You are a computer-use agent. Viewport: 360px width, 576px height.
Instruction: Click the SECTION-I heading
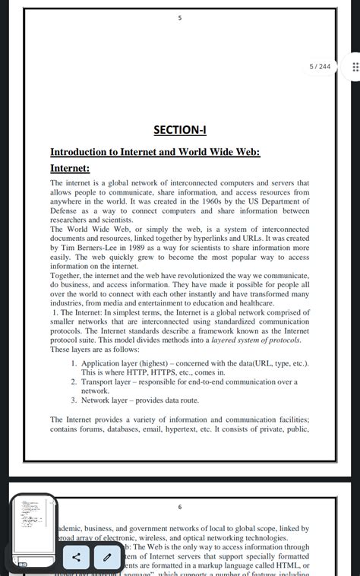180,130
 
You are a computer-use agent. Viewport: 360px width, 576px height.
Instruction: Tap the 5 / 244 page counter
320,67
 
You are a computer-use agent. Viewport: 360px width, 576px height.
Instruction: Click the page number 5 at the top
180,18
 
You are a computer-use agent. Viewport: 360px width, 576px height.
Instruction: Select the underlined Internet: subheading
70,168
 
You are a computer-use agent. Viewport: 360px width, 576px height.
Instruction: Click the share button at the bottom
76,557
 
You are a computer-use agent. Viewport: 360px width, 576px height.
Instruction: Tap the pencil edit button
107,557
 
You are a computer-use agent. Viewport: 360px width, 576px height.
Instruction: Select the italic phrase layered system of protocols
256,340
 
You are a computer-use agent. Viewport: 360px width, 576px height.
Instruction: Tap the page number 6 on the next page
180,507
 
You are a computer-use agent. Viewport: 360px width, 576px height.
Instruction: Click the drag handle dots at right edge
355,67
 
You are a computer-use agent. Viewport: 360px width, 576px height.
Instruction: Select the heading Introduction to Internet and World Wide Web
155,152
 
